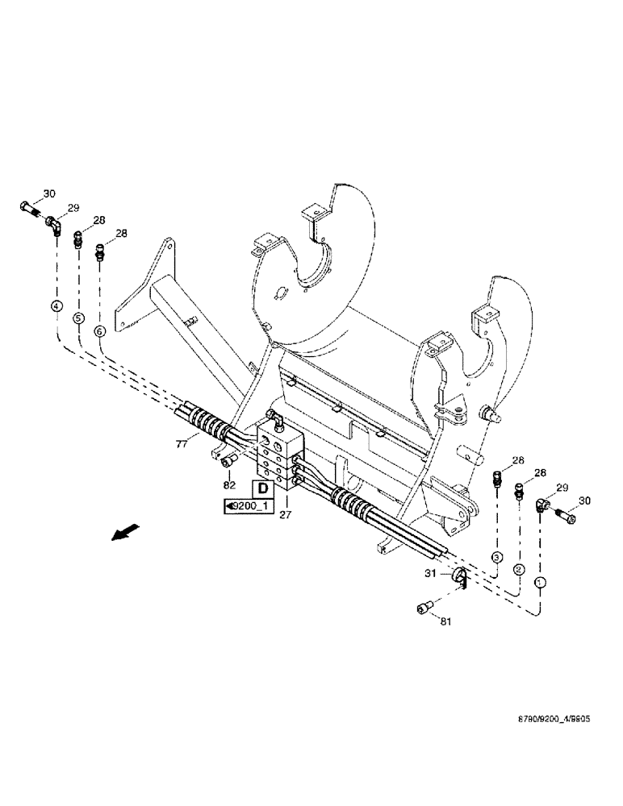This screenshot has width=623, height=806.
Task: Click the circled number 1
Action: [x=540, y=581]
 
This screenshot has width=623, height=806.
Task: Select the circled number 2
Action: [x=518, y=569]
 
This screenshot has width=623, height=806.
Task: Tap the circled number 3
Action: [x=497, y=557]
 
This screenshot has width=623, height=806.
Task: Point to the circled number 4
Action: [x=56, y=305]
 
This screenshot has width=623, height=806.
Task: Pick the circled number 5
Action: [x=78, y=318]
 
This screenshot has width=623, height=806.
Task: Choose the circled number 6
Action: [x=100, y=330]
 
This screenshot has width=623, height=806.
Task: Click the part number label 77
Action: [x=182, y=442]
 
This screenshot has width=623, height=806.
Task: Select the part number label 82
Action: [x=228, y=485]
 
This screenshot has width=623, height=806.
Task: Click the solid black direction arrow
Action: [x=124, y=534]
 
